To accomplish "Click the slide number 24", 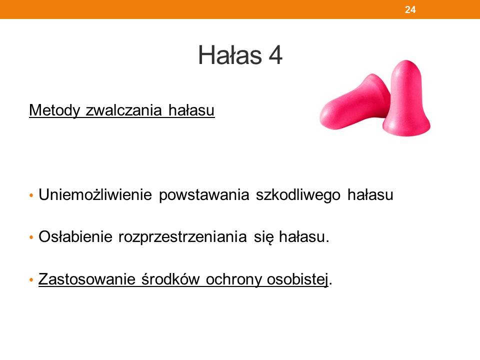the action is (410, 10).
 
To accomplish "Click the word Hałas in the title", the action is (230, 55).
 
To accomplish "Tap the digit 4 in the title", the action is (275, 55).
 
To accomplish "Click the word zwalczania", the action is (123, 110).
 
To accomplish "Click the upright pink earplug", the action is (406, 98).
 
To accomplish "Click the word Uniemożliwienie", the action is (95, 194).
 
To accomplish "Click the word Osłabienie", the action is (75, 236).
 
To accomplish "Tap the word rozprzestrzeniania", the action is (182, 237).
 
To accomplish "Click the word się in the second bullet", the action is (263, 237).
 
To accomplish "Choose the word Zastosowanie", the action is (86, 279).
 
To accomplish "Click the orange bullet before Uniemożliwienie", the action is (31, 195).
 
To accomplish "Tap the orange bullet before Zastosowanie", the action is (31, 279).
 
